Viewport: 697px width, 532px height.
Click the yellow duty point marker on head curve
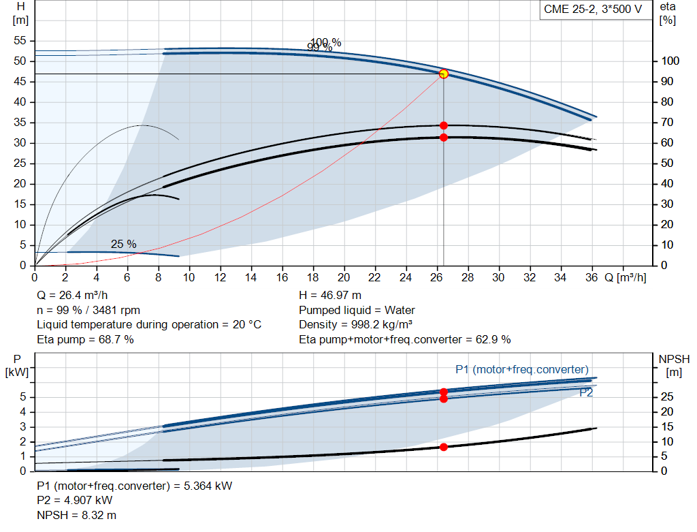point(444,74)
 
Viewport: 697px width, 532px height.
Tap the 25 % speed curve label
point(124,244)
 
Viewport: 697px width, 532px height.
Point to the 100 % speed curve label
point(326,42)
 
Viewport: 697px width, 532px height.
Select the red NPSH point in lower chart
point(444,447)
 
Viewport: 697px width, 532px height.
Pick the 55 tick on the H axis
point(20,41)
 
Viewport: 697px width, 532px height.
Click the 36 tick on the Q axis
point(591,278)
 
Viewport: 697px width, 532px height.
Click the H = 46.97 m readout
point(331,296)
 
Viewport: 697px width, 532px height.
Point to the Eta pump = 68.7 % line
point(85,339)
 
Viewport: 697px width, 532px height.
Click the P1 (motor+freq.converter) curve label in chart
point(522,369)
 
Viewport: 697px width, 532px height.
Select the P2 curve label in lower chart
point(586,392)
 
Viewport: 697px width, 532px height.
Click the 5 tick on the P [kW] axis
point(22,397)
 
